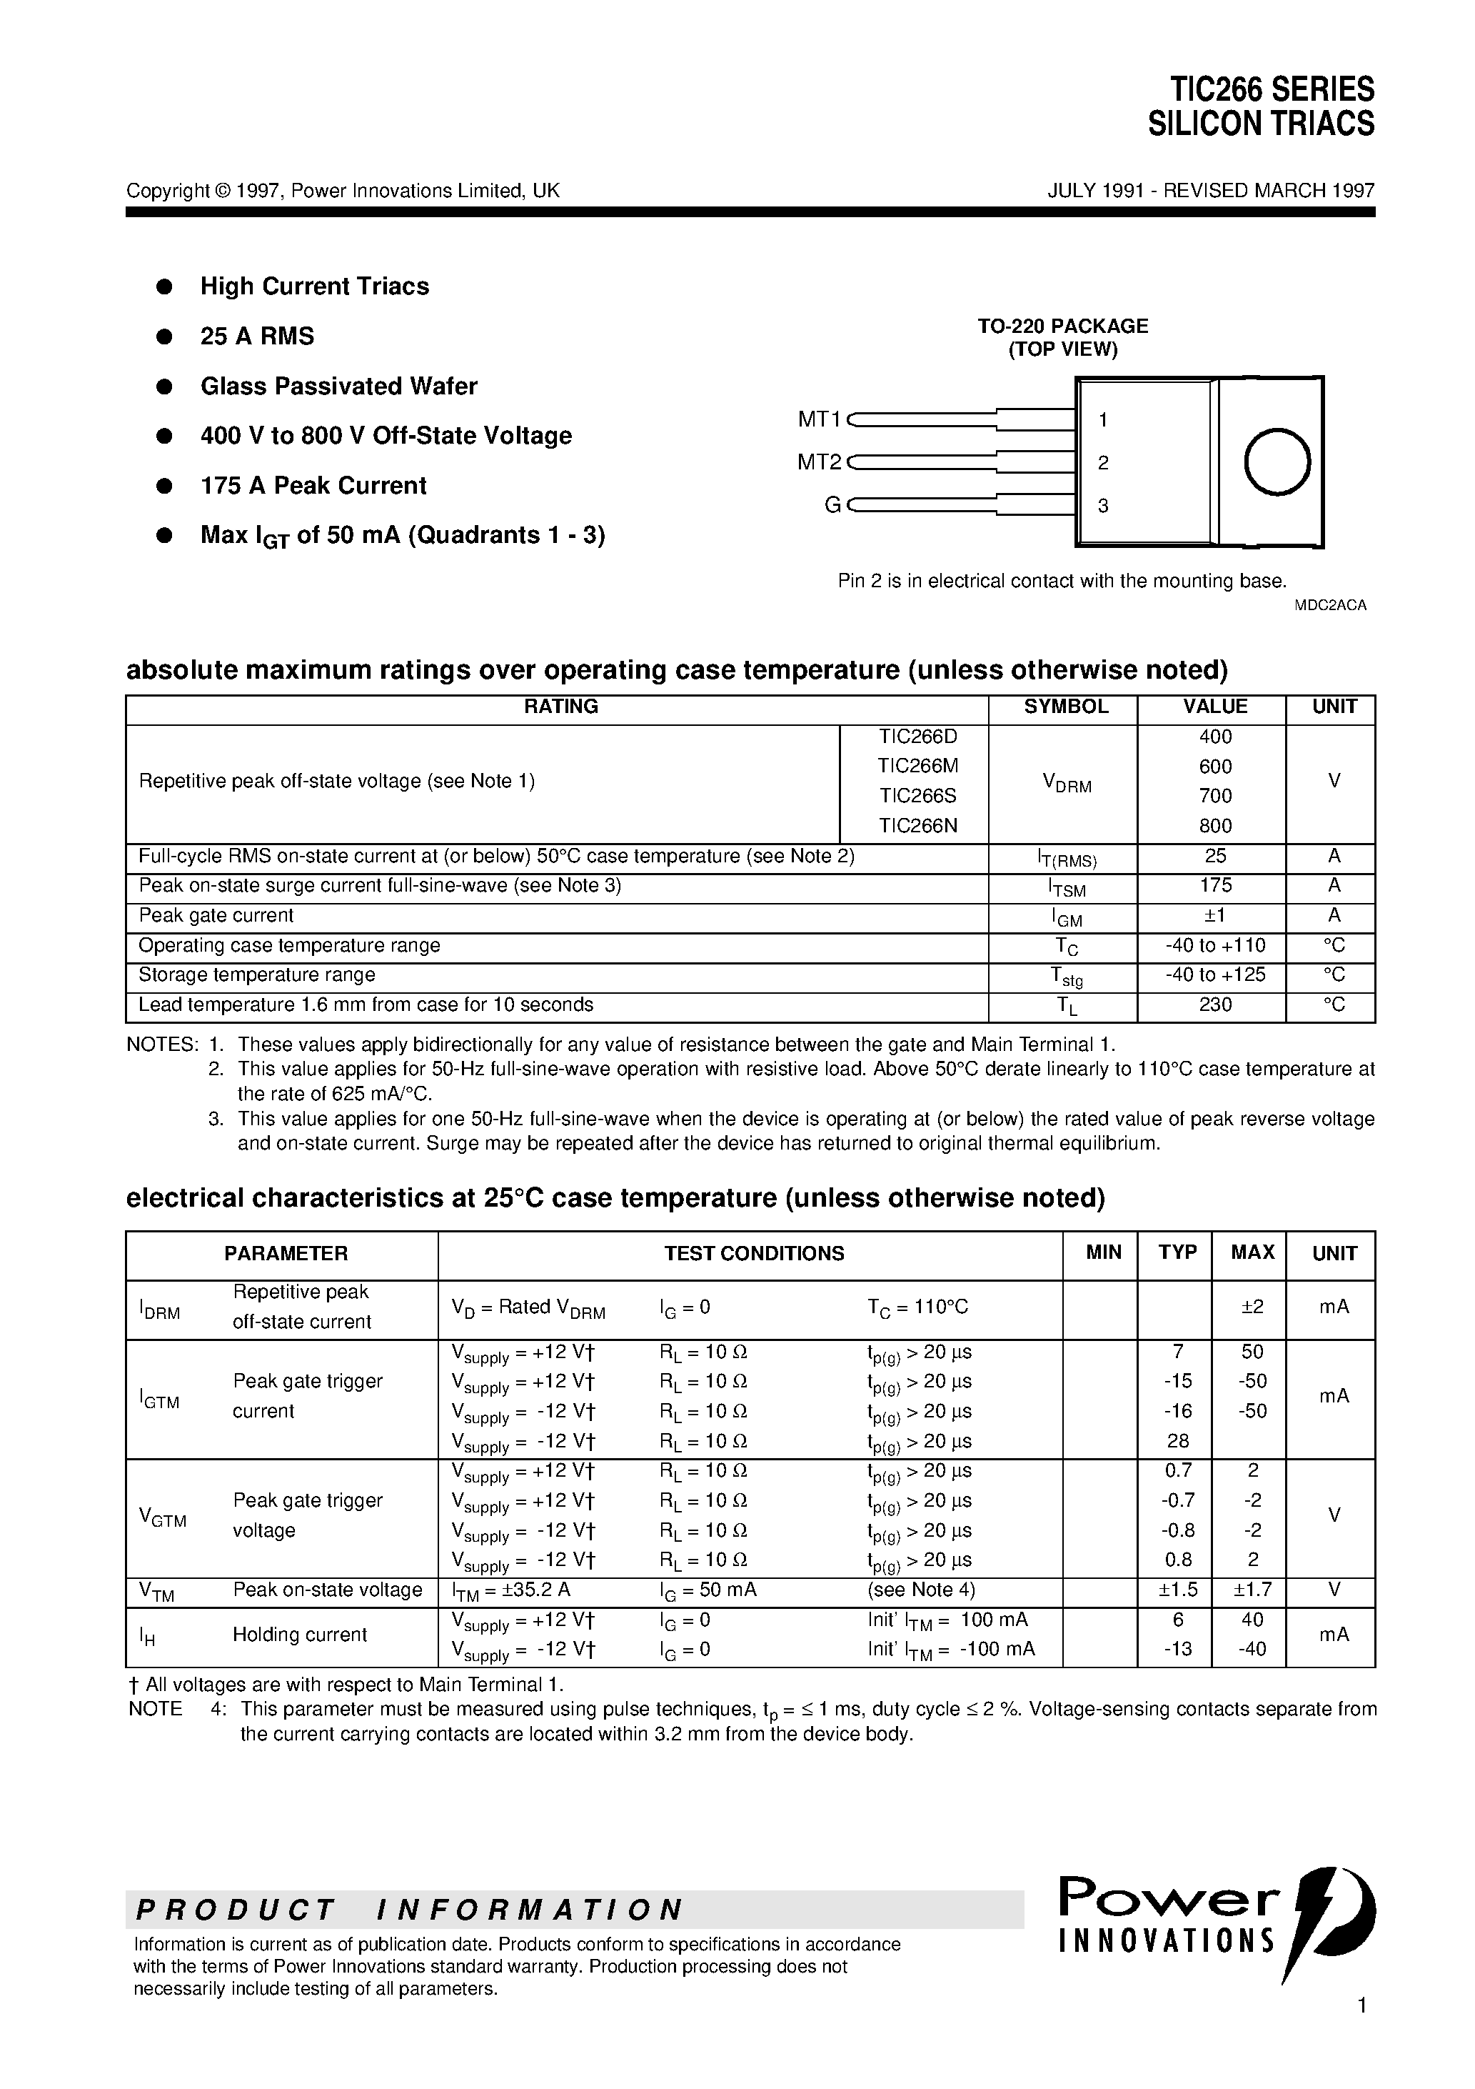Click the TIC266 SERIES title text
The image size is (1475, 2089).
tap(1272, 89)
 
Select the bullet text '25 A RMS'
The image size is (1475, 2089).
tap(257, 336)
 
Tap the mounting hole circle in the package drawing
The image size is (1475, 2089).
tap(1277, 462)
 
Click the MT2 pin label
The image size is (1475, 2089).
tap(820, 462)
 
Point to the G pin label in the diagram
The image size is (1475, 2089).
tap(832, 505)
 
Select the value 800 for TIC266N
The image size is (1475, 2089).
tap(1215, 825)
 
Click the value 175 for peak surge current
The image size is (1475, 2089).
tap(1215, 885)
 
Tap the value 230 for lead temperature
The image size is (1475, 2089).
tap(1215, 1004)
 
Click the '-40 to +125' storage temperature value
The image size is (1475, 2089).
tap(1215, 974)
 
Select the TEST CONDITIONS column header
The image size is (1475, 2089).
tap(753, 1253)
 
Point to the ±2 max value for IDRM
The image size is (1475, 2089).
tap(1252, 1307)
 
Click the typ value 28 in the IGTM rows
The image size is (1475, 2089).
tap(1177, 1440)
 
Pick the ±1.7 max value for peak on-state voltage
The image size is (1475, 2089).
tap(1252, 1590)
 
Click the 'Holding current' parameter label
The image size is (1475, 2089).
tap(299, 1634)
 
